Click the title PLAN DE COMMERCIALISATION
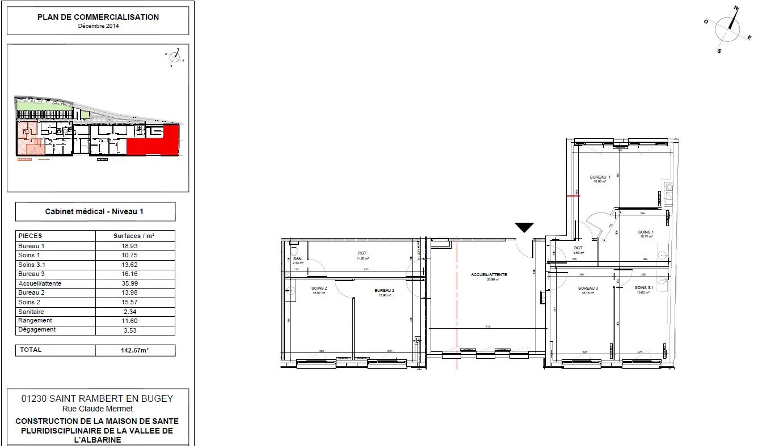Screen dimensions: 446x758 [x=98, y=17]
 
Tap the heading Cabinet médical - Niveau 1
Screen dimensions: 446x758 [x=94, y=211]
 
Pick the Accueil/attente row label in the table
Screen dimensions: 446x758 [x=40, y=283]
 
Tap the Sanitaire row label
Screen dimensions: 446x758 [x=32, y=312]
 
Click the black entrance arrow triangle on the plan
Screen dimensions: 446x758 [x=524, y=228]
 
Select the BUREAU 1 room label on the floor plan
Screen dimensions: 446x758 [x=600, y=177]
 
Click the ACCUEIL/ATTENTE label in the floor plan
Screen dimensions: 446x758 [x=489, y=274]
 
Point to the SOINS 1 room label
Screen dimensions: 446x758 [x=646, y=232]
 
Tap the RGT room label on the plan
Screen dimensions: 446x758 [x=362, y=254]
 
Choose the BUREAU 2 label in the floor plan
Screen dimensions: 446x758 [x=384, y=290]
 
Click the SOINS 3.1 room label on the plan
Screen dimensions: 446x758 [x=644, y=288]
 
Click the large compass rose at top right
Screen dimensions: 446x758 [x=728, y=29]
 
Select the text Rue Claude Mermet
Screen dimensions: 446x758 [x=98, y=409]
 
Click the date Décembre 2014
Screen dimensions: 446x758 [x=98, y=26]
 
